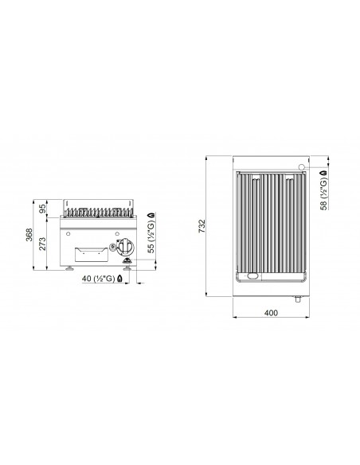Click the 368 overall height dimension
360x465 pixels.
coord(29,235)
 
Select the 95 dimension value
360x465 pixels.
coord(43,209)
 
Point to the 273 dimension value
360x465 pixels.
coord(43,244)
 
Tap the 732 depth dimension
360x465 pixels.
coord(202,226)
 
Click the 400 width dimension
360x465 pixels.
coord(271,313)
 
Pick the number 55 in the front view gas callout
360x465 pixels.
coord(151,248)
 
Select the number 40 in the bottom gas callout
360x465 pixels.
coord(86,279)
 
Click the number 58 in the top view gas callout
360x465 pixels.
coord(323,205)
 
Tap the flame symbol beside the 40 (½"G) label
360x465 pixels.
coord(119,278)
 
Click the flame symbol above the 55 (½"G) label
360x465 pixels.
coord(151,215)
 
